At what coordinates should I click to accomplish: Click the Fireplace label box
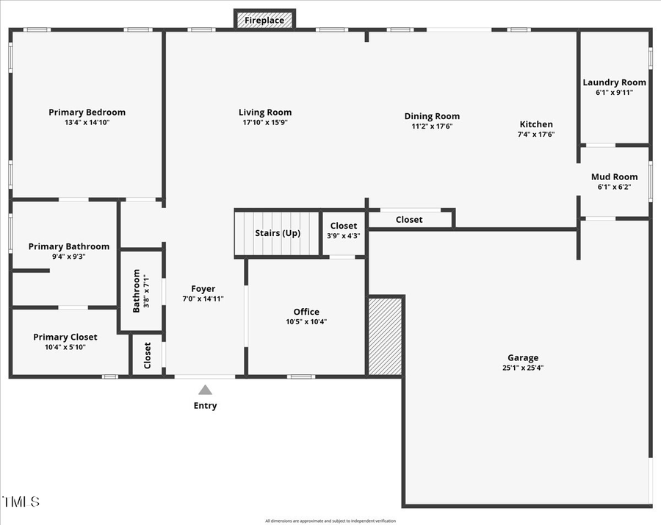264,20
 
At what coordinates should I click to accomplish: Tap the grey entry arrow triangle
206,390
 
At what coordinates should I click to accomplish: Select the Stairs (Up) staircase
278,233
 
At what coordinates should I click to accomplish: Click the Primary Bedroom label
87,113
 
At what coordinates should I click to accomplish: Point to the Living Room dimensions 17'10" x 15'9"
265,123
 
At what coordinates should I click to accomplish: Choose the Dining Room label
432,116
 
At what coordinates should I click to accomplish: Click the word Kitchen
536,124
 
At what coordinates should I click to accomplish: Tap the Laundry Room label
614,82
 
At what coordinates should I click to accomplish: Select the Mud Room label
614,177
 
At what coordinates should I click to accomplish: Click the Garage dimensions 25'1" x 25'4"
522,368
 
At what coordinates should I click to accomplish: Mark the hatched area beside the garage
385,336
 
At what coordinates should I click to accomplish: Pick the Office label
306,312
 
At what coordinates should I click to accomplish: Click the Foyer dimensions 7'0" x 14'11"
203,299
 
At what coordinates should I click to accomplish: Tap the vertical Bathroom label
137,290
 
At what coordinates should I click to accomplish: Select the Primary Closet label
65,337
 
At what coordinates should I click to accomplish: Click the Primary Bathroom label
68,246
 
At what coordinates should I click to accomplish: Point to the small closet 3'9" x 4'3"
344,231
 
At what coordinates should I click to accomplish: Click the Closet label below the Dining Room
409,219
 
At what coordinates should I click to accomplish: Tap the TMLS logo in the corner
21,502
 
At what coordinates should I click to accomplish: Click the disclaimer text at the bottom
330,521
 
